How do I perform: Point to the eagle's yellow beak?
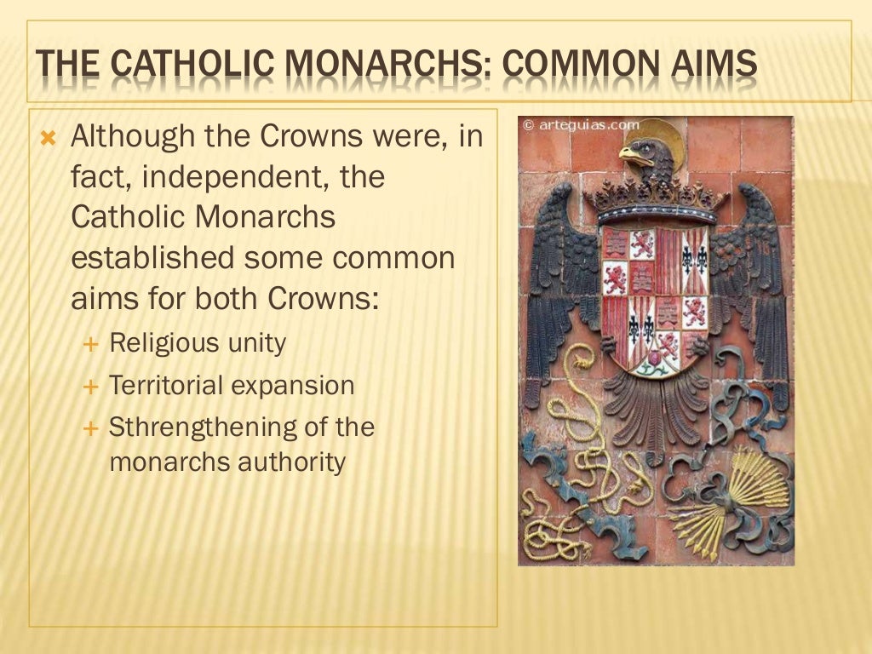click(630, 156)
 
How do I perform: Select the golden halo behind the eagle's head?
click(667, 136)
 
